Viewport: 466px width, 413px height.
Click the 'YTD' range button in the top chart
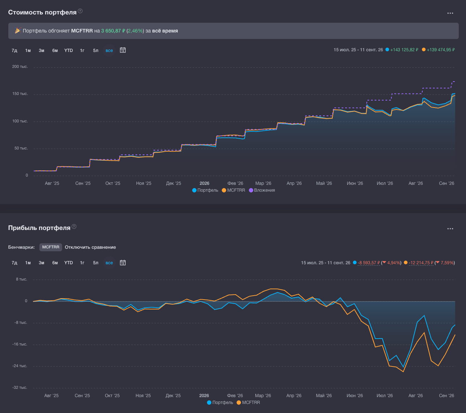coord(69,50)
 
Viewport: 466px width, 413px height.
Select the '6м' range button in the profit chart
coord(55,263)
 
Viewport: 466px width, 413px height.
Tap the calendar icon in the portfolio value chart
coord(123,50)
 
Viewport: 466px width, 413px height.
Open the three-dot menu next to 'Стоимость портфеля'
coord(450,13)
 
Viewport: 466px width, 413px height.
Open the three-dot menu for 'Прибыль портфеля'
coord(450,229)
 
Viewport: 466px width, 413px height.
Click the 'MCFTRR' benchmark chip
coord(51,247)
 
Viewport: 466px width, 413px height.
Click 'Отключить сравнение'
coord(90,247)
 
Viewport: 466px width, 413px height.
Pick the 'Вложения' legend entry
coord(262,190)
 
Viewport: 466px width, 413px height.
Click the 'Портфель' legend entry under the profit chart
coord(220,403)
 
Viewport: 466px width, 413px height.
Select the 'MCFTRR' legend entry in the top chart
coord(233,190)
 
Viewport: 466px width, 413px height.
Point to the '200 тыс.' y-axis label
coord(20,67)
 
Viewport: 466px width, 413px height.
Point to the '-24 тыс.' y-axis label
coord(20,366)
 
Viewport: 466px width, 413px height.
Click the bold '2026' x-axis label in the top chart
coord(204,183)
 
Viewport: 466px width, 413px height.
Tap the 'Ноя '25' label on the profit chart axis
coord(143,396)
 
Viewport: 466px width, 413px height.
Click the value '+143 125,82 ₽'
coord(404,50)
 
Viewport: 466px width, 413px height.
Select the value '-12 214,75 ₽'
coord(421,263)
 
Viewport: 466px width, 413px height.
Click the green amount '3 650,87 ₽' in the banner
coord(113,31)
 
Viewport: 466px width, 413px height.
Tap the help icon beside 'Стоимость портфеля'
coord(80,11)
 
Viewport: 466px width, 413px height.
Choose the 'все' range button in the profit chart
coord(109,263)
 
